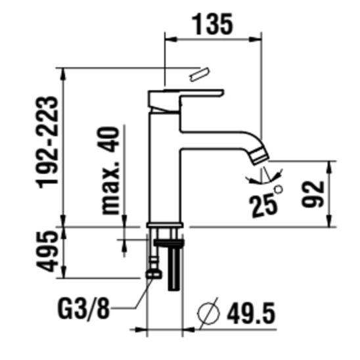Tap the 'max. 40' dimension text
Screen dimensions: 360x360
(x=111, y=171)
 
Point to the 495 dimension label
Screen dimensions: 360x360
(x=47, y=252)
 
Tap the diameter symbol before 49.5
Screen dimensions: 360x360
(x=209, y=313)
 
